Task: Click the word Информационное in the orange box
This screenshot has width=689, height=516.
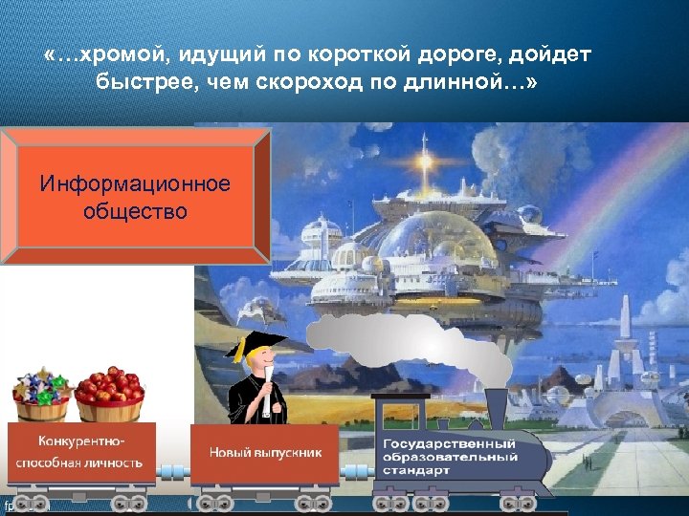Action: [135, 183]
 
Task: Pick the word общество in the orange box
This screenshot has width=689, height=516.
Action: [135, 209]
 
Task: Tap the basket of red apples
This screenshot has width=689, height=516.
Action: [109, 393]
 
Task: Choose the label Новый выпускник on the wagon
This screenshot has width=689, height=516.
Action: [264, 452]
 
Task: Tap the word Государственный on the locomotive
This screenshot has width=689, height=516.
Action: [449, 444]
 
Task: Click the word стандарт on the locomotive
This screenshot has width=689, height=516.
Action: [417, 471]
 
